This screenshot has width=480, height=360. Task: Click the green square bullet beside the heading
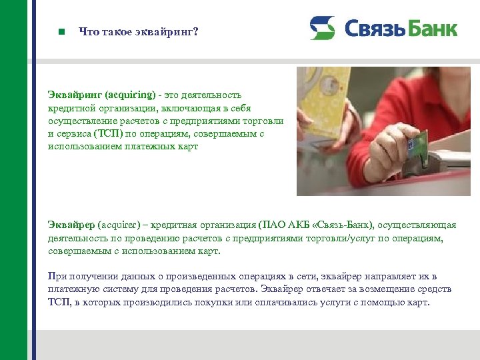(61, 31)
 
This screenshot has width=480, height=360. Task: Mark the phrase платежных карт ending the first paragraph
(165, 146)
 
